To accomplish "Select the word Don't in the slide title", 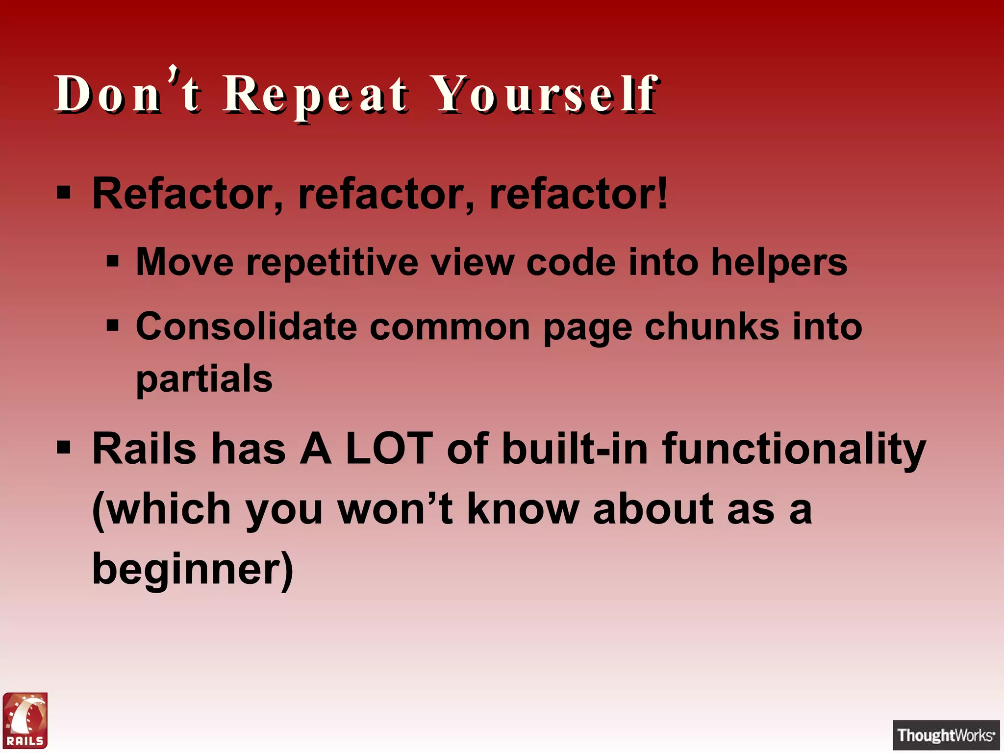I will point(127,93).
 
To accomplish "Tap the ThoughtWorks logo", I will point(946,735).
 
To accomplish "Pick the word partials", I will point(204,379).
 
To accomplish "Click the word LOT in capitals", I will point(389,448).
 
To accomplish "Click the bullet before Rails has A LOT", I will point(64,447).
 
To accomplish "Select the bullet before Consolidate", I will point(113,326).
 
